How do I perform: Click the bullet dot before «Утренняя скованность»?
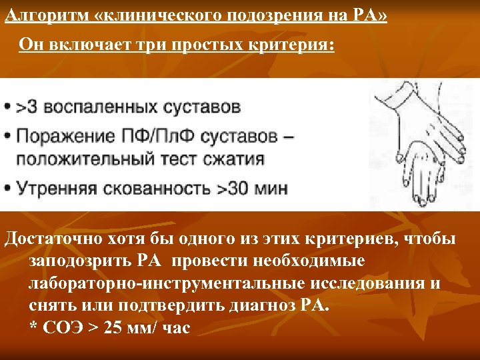pos(7,188)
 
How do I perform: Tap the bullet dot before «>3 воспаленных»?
pos(7,107)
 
